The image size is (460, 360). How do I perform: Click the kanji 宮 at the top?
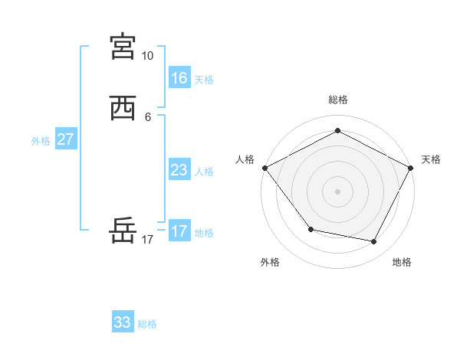click(x=123, y=47)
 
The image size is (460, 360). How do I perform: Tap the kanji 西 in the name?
click(x=123, y=109)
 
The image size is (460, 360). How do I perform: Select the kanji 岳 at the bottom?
click(x=123, y=231)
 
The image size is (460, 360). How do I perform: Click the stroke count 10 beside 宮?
click(x=147, y=56)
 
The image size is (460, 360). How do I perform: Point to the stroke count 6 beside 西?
click(x=147, y=117)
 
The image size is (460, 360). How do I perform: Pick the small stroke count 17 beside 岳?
click(x=147, y=240)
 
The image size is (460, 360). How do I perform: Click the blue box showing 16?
click(x=179, y=77)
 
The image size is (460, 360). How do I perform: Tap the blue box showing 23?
click(x=179, y=170)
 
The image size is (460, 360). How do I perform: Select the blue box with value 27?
click(x=65, y=139)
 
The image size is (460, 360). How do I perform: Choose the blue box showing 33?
click(x=122, y=322)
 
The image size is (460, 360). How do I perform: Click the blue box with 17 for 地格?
click(x=179, y=231)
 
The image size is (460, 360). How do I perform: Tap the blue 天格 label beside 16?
click(x=204, y=80)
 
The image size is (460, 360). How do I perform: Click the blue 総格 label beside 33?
click(x=147, y=325)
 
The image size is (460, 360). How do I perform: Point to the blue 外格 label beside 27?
click(x=41, y=141)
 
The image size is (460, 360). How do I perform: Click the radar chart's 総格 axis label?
click(x=337, y=100)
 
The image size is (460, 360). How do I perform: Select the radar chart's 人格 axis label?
click(x=245, y=159)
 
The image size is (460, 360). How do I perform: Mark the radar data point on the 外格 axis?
click(x=310, y=229)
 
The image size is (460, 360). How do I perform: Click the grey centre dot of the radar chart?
click(x=337, y=191)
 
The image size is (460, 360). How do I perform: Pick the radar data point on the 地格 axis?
click(x=374, y=242)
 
